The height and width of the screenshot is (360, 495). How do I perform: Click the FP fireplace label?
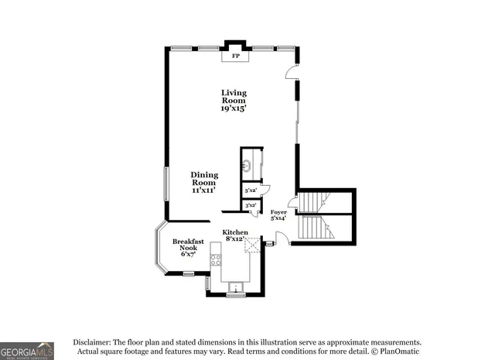click(230, 57)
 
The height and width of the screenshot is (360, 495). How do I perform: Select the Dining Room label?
click(204, 175)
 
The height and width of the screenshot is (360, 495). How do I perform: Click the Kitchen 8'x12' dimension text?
click(234, 239)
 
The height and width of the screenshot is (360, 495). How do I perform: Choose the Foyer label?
click(278, 211)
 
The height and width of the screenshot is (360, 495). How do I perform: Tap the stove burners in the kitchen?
click(216, 261)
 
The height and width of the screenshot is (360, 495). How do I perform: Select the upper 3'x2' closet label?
click(251, 190)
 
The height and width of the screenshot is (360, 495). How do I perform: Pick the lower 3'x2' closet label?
click(251, 205)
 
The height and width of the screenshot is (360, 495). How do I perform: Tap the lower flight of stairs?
click(312, 228)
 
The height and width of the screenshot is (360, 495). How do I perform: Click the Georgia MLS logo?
click(27, 350)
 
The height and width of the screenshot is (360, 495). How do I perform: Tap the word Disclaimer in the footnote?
click(92, 341)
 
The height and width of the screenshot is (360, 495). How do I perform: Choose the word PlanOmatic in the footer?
click(402, 352)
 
